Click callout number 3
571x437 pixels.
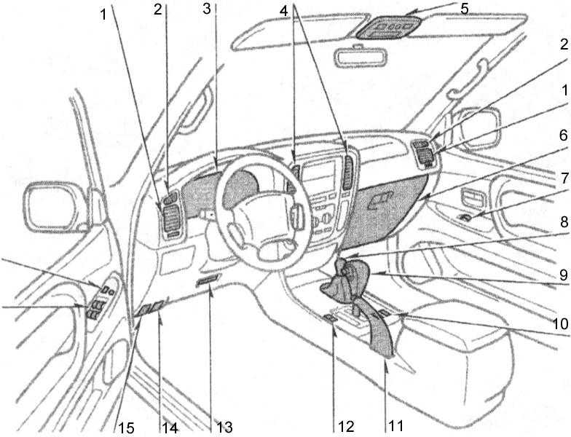208,9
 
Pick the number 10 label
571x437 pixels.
557,320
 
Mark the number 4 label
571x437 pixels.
295,9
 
